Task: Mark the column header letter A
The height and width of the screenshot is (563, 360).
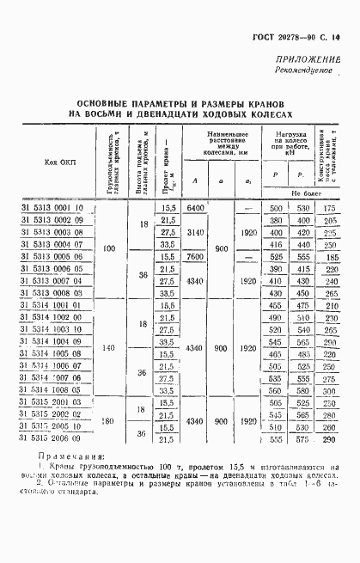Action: click(x=195, y=180)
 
